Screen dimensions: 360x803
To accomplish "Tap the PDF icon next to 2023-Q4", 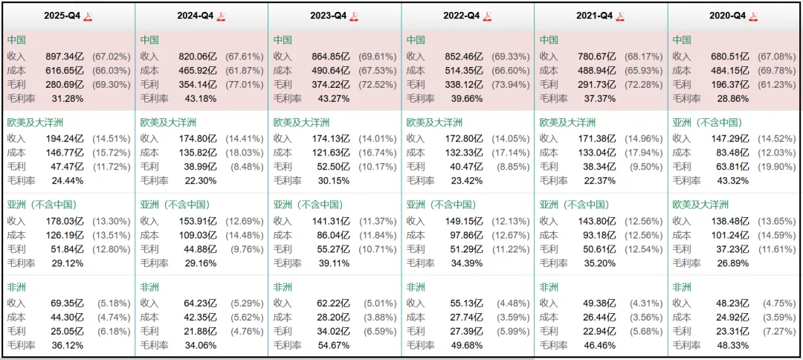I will pyautogui.click(x=355, y=16).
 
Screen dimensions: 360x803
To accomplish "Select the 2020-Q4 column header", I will pyautogui.click(x=728, y=16).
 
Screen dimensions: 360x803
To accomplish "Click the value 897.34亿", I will pyautogui.click(x=65, y=56).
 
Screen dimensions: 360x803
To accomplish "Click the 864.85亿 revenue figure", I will pyautogui.click(x=331, y=56).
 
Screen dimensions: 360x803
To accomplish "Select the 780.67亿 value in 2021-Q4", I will pyautogui.click(x=597, y=56).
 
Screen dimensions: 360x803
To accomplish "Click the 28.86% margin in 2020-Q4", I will pyautogui.click(x=732, y=98).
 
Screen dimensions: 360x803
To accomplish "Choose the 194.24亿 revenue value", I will pyautogui.click(x=65, y=138).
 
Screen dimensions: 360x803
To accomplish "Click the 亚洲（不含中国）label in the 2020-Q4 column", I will pyautogui.click(x=709, y=123).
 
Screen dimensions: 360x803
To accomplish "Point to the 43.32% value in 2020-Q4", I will pyautogui.click(x=732, y=180).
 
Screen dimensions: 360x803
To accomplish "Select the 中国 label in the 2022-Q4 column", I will pyautogui.click(x=416, y=40).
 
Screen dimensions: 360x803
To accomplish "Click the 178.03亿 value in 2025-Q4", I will pyautogui.click(x=65, y=220).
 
